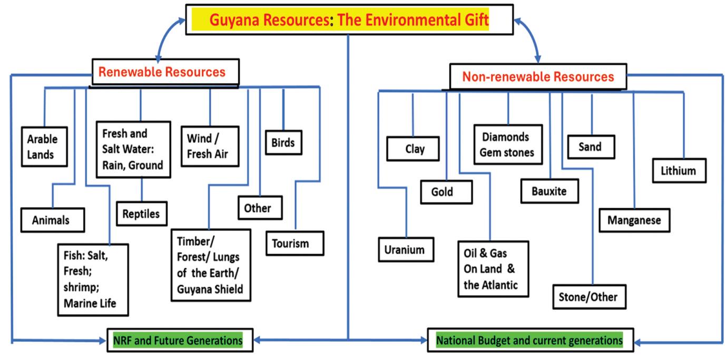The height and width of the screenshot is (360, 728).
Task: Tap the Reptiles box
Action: click(141, 214)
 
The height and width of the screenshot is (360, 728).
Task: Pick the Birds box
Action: click(283, 142)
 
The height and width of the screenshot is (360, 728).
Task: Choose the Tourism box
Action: click(290, 244)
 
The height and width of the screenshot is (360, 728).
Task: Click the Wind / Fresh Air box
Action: click(209, 146)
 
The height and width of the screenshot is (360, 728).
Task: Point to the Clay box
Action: click(415, 149)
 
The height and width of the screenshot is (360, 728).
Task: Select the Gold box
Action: click(442, 192)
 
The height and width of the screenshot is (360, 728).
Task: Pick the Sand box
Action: click(589, 146)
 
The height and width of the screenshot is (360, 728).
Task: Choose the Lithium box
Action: click(678, 171)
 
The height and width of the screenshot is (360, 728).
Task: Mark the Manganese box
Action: click(634, 220)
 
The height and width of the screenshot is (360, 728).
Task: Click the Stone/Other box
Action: click(588, 297)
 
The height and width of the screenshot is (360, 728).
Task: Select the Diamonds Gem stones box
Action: click(508, 145)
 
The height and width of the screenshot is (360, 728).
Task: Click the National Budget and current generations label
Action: click(529, 341)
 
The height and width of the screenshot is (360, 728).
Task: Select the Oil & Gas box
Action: click(490, 269)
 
